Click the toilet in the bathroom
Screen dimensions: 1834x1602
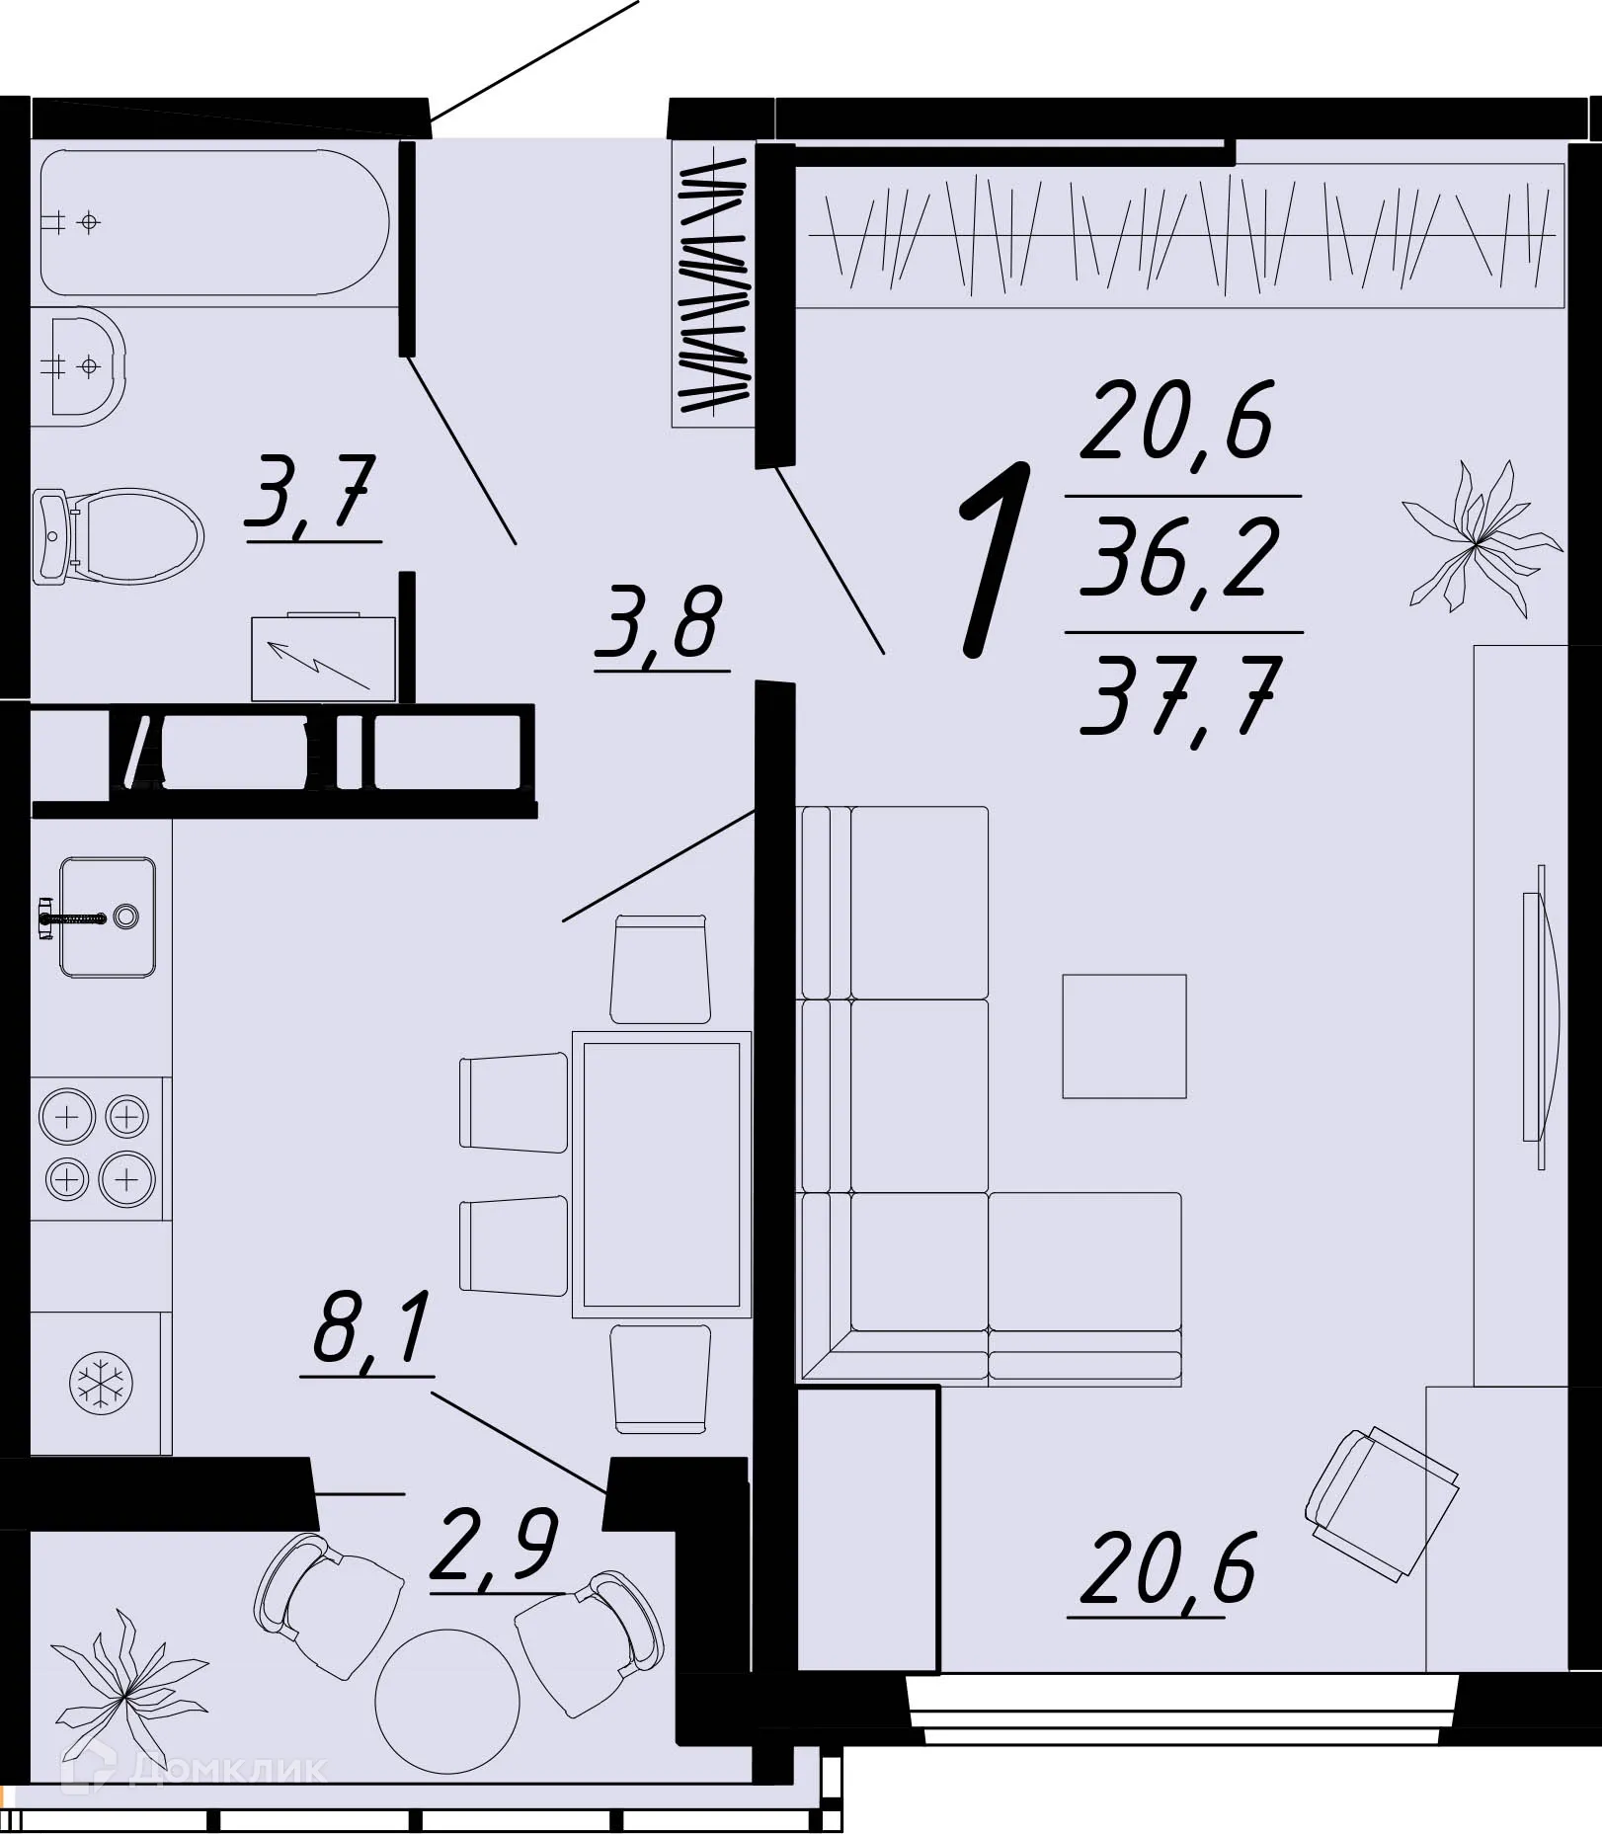coord(119,537)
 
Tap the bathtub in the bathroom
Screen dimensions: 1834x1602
coord(213,222)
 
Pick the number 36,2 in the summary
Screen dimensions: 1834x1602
coord(1179,559)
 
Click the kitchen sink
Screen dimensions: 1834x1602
coord(107,917)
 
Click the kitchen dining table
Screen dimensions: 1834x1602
coord(662,1174)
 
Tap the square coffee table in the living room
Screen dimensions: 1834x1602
coord(1124,1036)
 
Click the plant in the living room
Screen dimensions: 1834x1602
coord(1479,540)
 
